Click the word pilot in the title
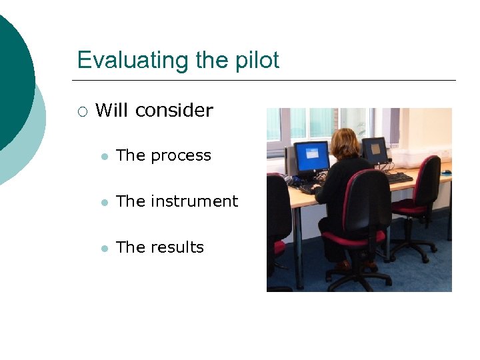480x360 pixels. click(256, 60)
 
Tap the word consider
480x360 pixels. click(174, 110)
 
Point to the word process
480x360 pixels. click(181, 156)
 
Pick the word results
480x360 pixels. click(177, 247)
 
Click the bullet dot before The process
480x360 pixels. click(104, 157)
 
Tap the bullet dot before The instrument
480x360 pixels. click(104, 202)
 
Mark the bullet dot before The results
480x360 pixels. click(104, 248)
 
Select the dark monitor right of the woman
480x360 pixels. click(375, 151)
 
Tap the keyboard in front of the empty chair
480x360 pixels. click(398, 178)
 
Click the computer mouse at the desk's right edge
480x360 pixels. click(446, 172)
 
